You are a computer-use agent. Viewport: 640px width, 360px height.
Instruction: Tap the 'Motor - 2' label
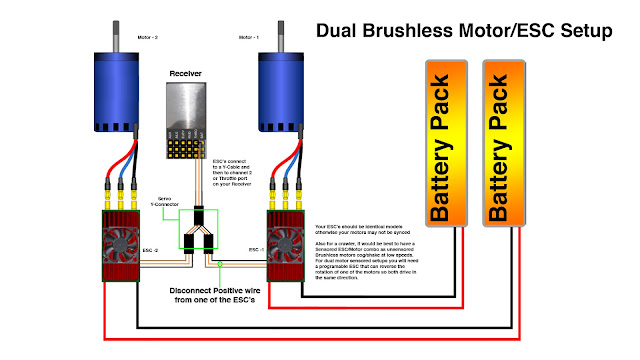(148, 39)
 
